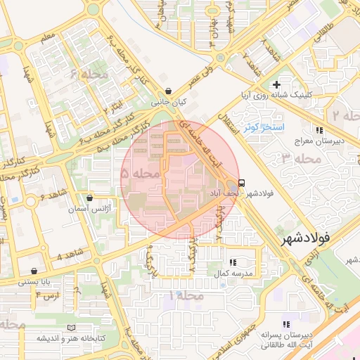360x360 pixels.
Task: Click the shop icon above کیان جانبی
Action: click(x=168, y=91)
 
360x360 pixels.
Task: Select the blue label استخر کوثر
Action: click(x=262, y=127)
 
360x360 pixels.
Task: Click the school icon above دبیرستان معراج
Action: click(x=319, y=130)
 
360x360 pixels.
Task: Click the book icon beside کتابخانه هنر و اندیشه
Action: click(x=70, y=328)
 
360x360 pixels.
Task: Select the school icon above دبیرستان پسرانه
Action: click(x=285, y=324)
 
